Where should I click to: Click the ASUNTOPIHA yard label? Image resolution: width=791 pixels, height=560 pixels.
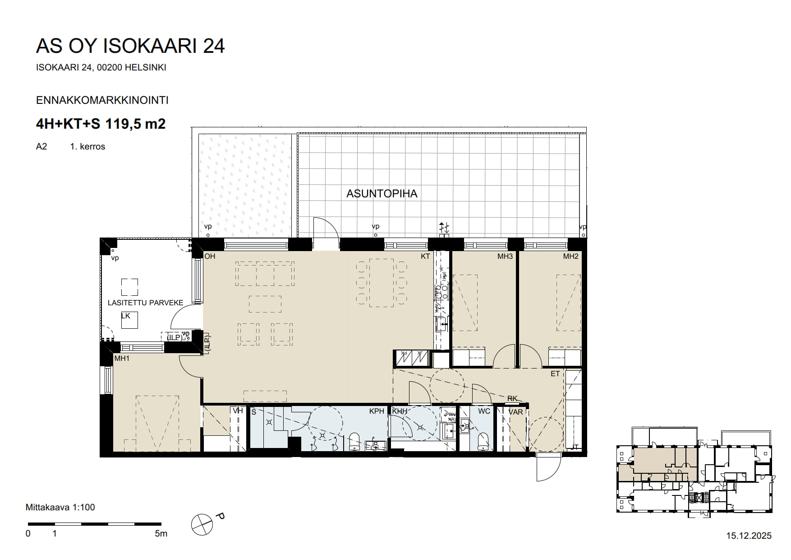coord(382,194)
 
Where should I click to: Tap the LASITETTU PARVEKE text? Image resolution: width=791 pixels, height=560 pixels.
coord(145,303)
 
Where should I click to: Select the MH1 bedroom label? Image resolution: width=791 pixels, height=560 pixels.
coord(122,359)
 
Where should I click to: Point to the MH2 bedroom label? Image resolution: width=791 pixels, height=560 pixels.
coord(570,257)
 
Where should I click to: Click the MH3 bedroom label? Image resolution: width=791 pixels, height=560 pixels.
coord(505,257)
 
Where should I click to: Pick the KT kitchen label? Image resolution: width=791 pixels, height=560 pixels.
coord(425,257)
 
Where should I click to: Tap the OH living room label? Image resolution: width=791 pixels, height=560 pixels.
coord(210,257)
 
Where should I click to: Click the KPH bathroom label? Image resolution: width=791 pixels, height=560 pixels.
coord(377,411)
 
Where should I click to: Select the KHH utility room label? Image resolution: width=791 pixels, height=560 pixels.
coord(400,411)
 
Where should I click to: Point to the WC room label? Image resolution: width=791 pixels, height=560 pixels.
coord(484,411)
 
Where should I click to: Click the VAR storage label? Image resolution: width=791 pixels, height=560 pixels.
coord(515,412)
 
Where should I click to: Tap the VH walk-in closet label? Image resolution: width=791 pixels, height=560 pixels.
coord(238,411)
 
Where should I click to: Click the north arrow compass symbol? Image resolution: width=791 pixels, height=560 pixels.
coord(202,524)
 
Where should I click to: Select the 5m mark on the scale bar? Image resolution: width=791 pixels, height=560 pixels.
coord(161,534)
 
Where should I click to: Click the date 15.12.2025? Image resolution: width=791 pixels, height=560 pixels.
coord(749,536)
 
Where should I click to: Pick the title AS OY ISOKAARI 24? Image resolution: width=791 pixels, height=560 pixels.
coord(130,46)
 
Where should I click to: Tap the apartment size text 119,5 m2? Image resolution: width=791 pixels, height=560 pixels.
coord(135,123)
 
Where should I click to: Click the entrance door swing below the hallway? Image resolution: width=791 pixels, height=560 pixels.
coord(548,469)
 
